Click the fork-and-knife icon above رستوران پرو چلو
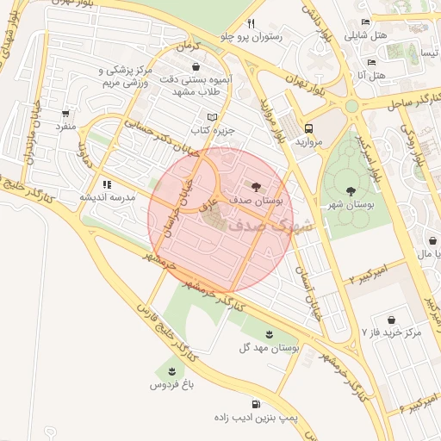251,23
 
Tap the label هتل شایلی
367,36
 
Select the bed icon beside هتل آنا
371,62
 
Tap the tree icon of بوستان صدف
256,186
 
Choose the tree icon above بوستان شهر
351,191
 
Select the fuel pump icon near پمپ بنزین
256,404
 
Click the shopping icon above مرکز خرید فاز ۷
392,318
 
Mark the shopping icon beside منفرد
66,113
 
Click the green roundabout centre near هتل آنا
352,106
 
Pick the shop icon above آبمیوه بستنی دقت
197,66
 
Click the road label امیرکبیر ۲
368,274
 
